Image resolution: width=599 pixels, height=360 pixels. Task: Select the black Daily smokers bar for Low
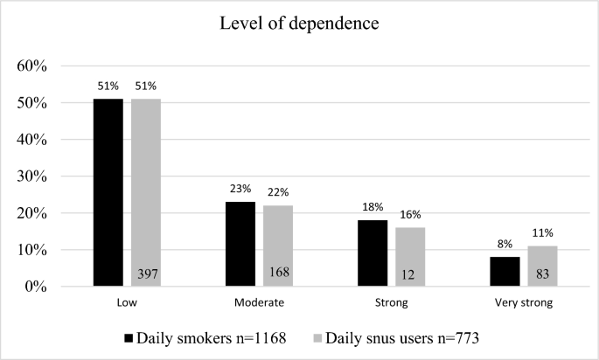click(108, 192)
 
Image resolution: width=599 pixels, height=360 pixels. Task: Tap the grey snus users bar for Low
click(146, 192)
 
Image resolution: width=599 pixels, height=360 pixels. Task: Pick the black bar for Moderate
click(240, 244)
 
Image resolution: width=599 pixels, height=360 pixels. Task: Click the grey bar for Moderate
click(278, 246)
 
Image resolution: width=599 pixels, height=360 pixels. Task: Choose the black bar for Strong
click(373, 253)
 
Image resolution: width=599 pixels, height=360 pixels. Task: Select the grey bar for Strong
click(410, 257)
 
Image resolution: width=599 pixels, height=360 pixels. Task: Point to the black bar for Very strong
click(505, 272)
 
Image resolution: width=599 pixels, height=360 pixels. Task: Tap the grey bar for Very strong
click(542, 267)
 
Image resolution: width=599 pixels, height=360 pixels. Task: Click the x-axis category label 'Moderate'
click(259, 303)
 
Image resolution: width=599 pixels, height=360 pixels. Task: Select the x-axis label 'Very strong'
click(523, 303)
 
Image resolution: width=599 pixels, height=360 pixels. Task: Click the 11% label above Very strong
click(542, 234)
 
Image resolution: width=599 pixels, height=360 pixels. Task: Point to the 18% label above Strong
click(373, 208)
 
